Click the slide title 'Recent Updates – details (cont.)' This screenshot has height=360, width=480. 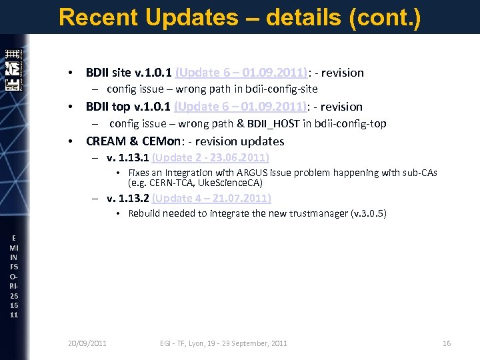(239, 17)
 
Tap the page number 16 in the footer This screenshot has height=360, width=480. (447, 343)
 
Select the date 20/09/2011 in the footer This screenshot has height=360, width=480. (87, 343)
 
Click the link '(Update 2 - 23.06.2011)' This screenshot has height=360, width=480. (211, 158)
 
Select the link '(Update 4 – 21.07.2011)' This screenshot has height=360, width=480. (211, 198)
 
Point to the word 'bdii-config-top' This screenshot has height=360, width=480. (351, 123)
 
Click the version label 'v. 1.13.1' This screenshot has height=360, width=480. (128, 158)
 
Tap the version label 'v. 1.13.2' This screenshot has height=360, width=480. (128, 198)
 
